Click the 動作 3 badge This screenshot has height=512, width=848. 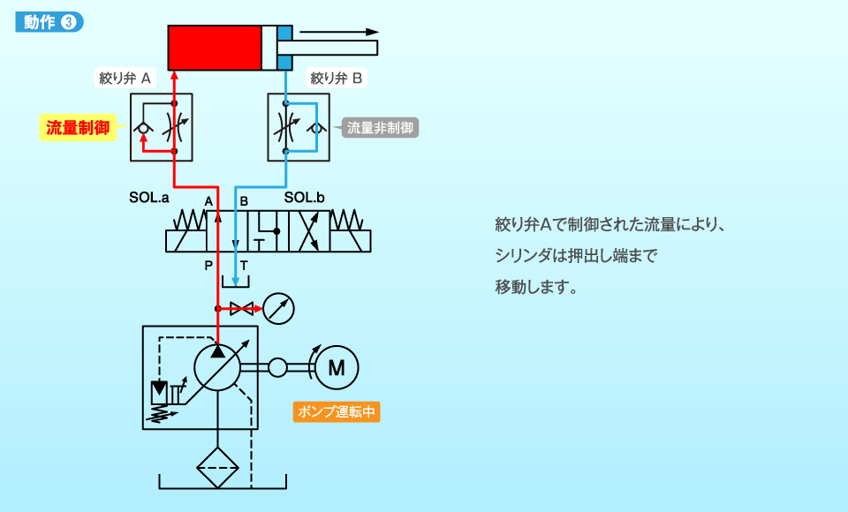(x=49, y=22)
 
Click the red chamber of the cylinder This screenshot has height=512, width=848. (x=215, y=47)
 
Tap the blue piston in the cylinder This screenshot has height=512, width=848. (x=284, y=47)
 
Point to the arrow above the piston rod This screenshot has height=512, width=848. (x=340, y=32)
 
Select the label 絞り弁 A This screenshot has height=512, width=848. (x=125, y=78)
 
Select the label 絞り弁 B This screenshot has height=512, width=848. (x=337, y=78)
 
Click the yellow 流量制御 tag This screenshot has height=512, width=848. (x=78, y=127)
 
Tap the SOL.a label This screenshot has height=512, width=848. (x=148, y=199)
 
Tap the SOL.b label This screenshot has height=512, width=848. (x=305, y=199)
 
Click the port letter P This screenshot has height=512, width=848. (x=208, y=265)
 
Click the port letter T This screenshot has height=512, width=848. (x=244, y=265)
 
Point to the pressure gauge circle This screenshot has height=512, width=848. (x=278, y=308)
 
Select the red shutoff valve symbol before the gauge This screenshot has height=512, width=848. (x=241, y=308)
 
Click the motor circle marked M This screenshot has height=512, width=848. (x=337, y=367)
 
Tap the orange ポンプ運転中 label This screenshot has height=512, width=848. (x=337, y=411)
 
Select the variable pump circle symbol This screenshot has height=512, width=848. (x=217, y=367)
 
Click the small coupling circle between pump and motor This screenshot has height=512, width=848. (x=278, y=367)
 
